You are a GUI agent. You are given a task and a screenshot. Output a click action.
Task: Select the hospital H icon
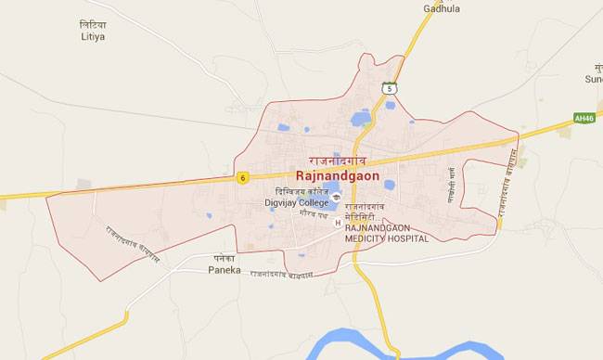click(x=337, y=222)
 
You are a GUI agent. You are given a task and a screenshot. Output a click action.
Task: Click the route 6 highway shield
click(x=242, y=177)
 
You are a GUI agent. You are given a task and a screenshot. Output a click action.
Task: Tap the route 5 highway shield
click(x=390, y=88)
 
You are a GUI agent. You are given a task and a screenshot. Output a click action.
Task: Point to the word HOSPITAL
click(x=407, y=238)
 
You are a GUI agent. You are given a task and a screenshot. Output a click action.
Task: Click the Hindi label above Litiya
click(x=93, y=24)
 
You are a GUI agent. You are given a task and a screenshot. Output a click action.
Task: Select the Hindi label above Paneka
click(x=224, y=259)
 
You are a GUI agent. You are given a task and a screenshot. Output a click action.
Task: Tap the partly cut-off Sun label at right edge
click(x=594, y=80)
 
